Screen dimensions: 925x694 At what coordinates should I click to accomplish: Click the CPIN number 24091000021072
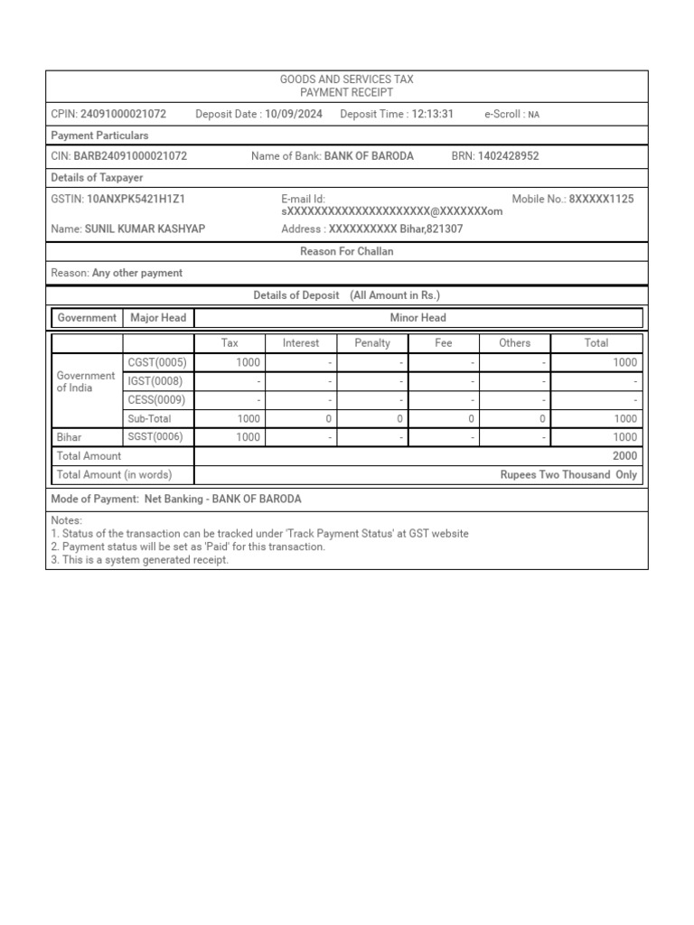[123, 115]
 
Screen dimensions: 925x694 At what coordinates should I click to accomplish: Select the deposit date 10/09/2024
[294, 115]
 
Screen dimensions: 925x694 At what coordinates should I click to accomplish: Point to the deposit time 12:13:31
[432, 115]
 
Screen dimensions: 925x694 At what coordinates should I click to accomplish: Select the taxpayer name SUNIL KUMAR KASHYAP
[145, 229]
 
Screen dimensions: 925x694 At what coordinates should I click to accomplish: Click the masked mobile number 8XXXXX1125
[601, 199]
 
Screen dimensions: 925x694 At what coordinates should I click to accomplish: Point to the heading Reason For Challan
[347, 252]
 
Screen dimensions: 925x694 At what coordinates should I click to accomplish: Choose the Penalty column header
[372, 343]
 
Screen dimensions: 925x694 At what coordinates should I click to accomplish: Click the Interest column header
[301, 343]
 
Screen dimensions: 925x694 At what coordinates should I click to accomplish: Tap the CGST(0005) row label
[157, 362]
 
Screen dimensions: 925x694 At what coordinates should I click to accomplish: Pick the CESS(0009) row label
[156, 399]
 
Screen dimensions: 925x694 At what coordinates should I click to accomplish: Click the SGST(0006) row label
[156, 437]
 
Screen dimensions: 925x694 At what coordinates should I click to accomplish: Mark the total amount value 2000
[624, 456]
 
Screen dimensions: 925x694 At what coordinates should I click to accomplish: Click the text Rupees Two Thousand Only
[568, 475]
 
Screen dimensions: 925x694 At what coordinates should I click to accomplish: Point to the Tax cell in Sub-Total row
[248, 419]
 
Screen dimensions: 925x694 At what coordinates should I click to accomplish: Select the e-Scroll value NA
[533, 116]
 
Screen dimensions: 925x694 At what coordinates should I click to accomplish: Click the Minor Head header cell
[417, 318]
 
